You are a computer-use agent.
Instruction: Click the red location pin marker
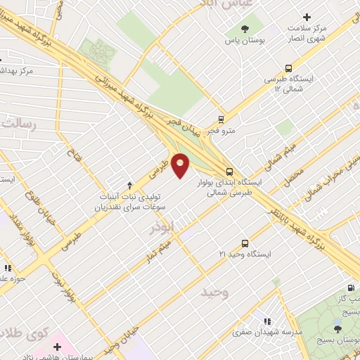click(181, 166)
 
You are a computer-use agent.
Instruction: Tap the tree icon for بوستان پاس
click(245, 29)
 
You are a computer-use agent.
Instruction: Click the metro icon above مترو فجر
click(221, 119)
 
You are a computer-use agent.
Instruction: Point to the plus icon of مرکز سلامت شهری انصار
click(306, 17)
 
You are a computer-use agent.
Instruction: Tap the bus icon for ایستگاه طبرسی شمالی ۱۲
click(289, 68)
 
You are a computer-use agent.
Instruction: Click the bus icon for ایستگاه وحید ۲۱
click(245, 241)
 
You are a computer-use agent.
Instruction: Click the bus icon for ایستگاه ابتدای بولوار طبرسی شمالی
click(229, 171)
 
